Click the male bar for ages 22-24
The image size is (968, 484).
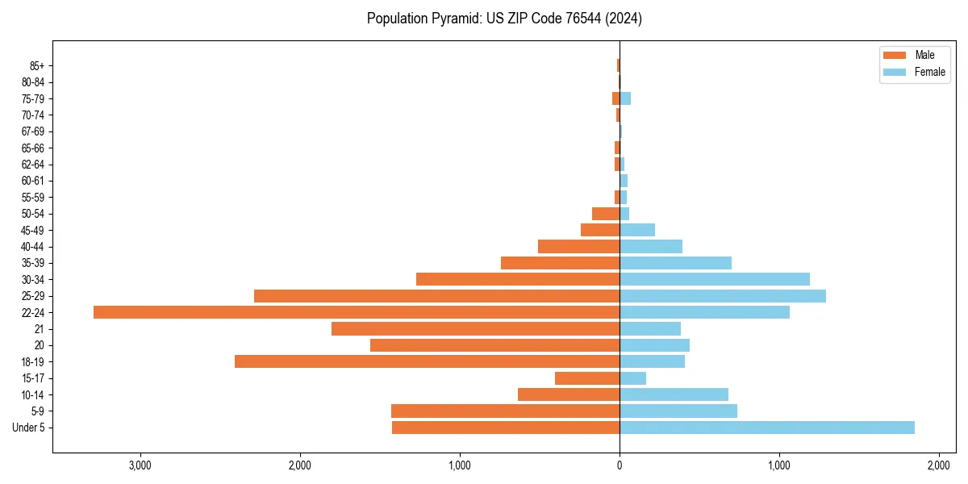pyautogui.click(x=357, y=312)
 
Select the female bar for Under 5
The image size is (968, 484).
pyautogui.click(x=766, y=428)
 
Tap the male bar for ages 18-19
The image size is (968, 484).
pyautogui.click(x=427, y=361)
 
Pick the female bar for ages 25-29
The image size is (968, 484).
pyautogui.click(x=723, y=296)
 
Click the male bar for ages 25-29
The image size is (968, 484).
pyautogui.click(x=436, y=296)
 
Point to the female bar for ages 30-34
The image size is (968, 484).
pyautogui.click(x=715, y=279)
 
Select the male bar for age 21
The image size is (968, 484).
pyautogui.click(x=475, y=329)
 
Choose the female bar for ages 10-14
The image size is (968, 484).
pyautogui.click(x=674, y=394)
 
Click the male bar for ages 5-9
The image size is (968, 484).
pyautogui.click(x=505, y=411)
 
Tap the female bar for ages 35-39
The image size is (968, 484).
pyautogui.click(x=675, y=263)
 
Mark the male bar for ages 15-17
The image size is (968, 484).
pyautogui.click(x=587, y=378)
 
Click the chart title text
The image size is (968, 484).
pyautogui.click(x=504, y=19)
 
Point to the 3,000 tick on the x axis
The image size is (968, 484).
pyautogui.click(x=140, y=465)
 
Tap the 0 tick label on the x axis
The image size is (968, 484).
pyautogui.click(x=620, y=465)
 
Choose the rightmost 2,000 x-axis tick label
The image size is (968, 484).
pyautogui.click(x=938, y=465)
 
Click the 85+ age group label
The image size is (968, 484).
pyautogui.click(x=37, y=66)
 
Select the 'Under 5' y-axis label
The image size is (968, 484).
pyautogui.click(x=28, y=428)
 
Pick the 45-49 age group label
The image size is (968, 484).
pyautogui.click(x=32, y=230)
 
